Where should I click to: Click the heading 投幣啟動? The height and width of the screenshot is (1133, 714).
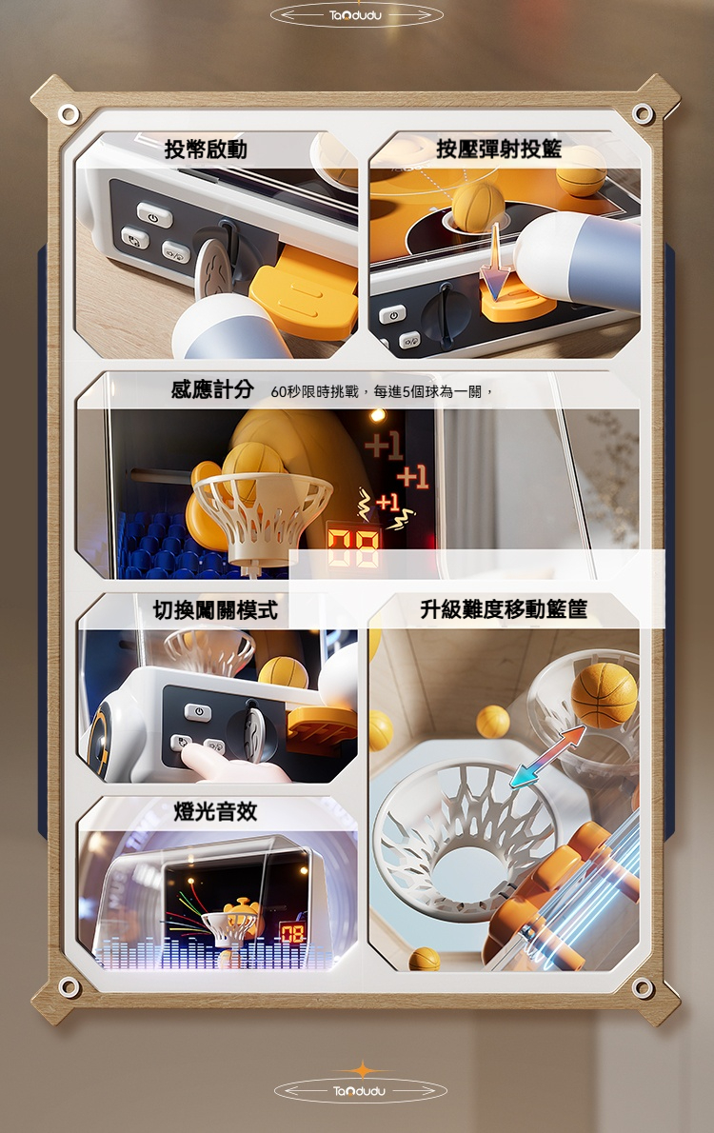point(206,149)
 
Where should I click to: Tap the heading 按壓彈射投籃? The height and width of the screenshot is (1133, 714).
point(499,149)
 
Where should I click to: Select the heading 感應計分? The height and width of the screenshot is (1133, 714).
point(211,389)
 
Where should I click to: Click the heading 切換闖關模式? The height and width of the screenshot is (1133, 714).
point(215,610)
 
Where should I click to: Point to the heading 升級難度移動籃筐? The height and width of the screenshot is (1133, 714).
point(504,609)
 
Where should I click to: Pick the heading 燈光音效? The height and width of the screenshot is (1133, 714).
point(215,811)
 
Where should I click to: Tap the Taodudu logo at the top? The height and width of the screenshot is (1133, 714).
point(356,15)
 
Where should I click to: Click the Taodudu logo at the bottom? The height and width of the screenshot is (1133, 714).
point(360,1090)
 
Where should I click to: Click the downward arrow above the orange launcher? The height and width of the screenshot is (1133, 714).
point(496,260)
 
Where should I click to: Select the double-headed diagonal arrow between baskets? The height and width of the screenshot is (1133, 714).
point(546,756)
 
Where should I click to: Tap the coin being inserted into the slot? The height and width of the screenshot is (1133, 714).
point(212,268)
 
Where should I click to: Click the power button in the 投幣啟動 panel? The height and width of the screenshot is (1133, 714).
point(154,215)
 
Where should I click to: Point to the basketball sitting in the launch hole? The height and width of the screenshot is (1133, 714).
point(476,206)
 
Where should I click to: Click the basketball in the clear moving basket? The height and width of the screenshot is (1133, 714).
point(605,694)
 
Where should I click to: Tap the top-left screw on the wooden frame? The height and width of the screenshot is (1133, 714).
point(69,114)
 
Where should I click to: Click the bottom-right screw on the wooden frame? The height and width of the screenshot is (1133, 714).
point(643,986)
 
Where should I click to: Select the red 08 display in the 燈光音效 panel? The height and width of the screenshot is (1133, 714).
point(292,934)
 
